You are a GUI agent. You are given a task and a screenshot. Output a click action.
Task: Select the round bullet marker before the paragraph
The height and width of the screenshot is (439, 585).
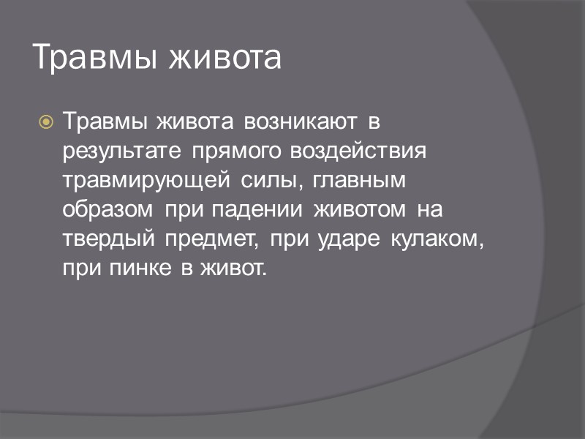click(x=46, y=121)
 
